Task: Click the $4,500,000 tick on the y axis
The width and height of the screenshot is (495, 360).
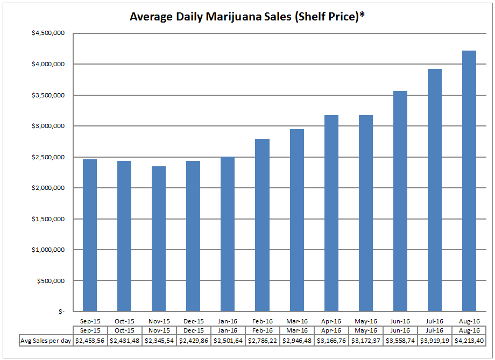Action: (x=48, y=33)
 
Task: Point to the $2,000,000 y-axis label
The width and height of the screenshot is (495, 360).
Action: (x=48, y=188)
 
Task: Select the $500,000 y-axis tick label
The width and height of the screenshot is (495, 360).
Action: (x=51, y=281)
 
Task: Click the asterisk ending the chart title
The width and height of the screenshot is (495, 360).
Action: (x=362, y=16)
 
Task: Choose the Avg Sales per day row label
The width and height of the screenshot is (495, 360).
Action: (x=46, y=341)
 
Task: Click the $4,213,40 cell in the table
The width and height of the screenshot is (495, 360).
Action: (x=470, y=341)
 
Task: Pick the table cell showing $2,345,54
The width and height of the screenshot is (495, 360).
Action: (x=158, y=341)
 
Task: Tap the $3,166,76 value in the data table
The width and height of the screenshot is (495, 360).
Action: (x=331, y=341)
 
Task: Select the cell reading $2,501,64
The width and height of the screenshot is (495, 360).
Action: (x=228, y=341)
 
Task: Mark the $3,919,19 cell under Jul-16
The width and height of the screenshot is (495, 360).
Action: (x=435, y=341)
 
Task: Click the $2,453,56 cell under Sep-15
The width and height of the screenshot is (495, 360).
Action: (x=89, y=341)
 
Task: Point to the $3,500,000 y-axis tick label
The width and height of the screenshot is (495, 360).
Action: (x=48, y=95)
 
